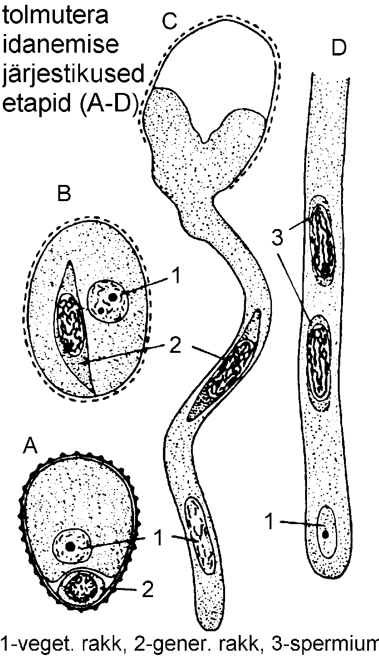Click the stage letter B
coord(64,193)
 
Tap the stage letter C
coord(170,21)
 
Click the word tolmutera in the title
coord(55,15)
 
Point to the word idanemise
coord(61,45)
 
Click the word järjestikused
coord(73,74)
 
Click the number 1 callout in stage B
coord(176,276)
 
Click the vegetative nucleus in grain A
coord(71,545)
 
